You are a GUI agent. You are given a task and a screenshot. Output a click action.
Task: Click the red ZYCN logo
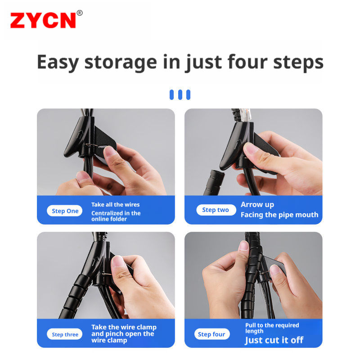click(x=43, y=20)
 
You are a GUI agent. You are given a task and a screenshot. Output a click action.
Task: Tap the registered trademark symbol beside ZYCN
click(x=80, y=13)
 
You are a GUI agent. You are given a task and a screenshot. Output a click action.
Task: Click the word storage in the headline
click(x=121, y=63)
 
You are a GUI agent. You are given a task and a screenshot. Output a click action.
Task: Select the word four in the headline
click(x=247, y=62)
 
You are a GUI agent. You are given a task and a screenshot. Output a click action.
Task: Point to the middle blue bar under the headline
click(x=180, y=94)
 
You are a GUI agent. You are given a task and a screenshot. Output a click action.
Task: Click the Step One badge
click(x=64, y=211)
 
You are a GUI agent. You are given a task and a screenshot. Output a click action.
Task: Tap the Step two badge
click(x=216, y=210)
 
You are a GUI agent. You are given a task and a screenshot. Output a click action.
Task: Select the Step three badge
click(x=64, y=334)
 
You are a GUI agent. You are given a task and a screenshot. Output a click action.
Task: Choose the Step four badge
click(x=212, y=334)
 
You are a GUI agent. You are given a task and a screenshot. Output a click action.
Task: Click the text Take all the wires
click(x=116, y=204)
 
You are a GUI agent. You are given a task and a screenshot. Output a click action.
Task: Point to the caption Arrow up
click(x=257, y=205)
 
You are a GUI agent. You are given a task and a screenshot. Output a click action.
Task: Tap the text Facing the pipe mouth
click(x=279, y=215)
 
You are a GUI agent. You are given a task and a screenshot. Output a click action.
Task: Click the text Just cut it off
click(x=274, y=340)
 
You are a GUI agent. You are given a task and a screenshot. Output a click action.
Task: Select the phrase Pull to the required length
click(x=272, y=328)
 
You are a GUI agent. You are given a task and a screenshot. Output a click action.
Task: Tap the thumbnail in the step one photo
click(x=110, y=152)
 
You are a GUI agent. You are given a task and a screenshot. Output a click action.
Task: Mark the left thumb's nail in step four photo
click(x=243, y=246)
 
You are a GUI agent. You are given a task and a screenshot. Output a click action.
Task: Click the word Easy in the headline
click(x=58, y=63)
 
